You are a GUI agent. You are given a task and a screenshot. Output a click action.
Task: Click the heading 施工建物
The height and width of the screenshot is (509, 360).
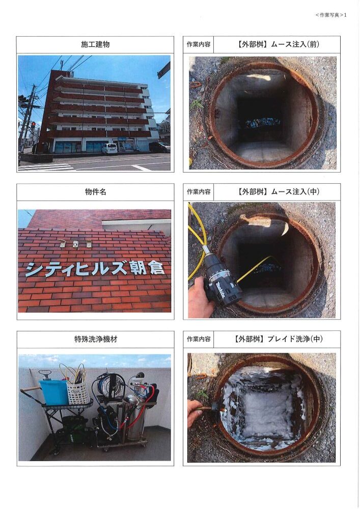[x=95, y=44]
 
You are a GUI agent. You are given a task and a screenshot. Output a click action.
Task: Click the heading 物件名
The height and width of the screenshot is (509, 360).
[x=95, y=192]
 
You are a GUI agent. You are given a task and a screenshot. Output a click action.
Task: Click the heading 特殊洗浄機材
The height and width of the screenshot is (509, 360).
[x=95, y=339]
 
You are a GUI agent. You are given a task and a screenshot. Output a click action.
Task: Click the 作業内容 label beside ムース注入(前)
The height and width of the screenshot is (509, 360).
[x=199, y=44]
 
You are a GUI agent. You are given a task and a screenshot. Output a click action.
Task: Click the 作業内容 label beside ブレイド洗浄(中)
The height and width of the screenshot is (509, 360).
[x=199, y=339]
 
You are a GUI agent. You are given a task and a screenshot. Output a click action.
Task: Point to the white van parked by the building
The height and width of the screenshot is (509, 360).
[x=109, y=149]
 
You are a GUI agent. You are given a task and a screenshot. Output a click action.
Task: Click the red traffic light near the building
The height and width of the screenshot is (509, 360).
[x=33, y=124]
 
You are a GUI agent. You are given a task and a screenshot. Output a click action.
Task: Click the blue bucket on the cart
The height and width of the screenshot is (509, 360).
[x=53, y=391]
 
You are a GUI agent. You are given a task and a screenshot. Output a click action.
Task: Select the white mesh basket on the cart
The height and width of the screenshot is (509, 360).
[x=78, y=392]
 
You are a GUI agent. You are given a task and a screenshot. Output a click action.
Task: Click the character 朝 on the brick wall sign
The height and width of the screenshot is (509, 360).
[x=141, y=268]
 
